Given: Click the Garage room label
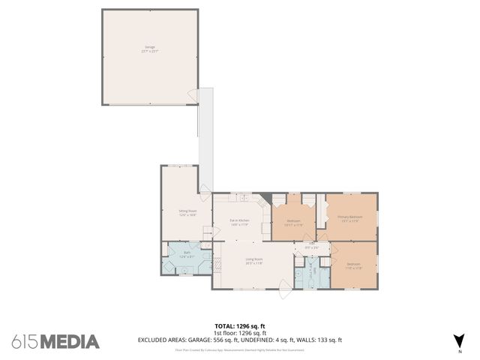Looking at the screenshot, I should click(x=151, y=49).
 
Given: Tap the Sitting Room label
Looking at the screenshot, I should click(x=187, y=213).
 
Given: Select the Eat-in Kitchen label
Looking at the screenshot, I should click(x=239, y=222).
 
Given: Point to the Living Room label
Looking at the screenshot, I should click(x=253, y=261).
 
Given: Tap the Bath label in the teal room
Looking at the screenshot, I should click(x=187, y=254).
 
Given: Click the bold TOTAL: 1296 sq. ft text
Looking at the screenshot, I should click(x=239, y=325).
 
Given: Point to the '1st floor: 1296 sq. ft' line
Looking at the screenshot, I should click(x=239, y=332).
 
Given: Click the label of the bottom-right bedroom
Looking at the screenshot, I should click(x=353, y=265).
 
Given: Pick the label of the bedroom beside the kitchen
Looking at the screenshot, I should click(x=294, y=222).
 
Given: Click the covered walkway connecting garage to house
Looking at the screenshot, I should click(x=205, y=139).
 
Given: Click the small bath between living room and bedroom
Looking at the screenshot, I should click(x=314, y=274).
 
